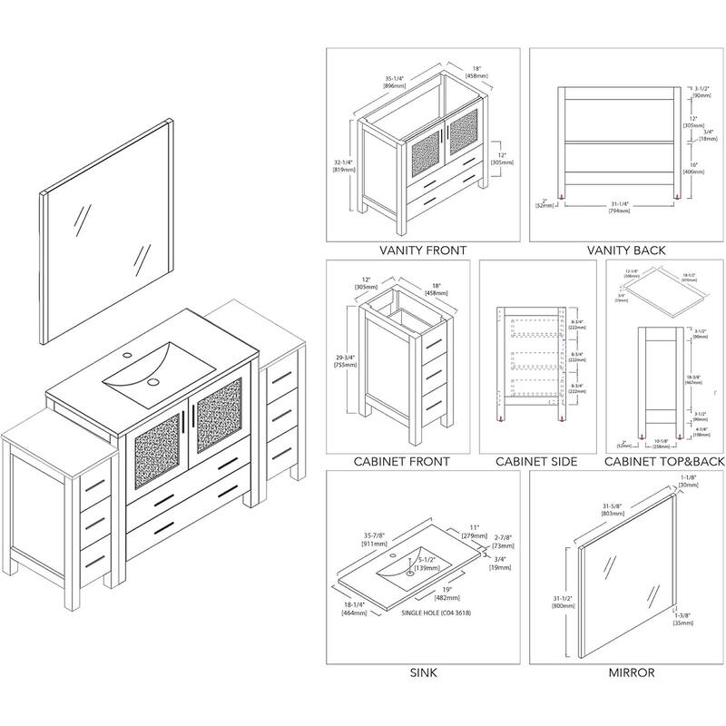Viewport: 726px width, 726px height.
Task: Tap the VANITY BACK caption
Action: (627, 250)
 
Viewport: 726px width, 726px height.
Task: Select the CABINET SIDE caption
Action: (536, 462)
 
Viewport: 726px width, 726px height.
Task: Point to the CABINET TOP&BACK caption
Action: (665, 462)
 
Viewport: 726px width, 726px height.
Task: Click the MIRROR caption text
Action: (633, 672)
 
